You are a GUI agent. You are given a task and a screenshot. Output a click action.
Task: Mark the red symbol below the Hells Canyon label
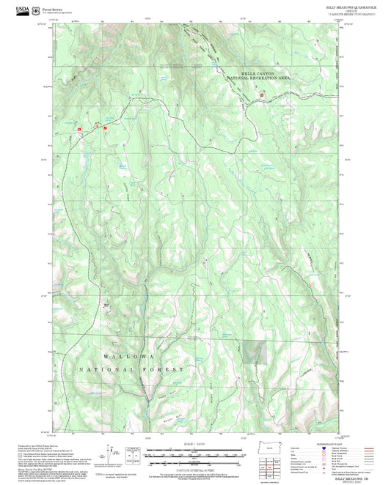pos(261,95)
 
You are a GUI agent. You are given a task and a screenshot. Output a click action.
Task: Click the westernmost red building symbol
pos(79,129)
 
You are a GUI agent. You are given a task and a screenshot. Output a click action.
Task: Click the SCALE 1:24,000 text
pos(196,444)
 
